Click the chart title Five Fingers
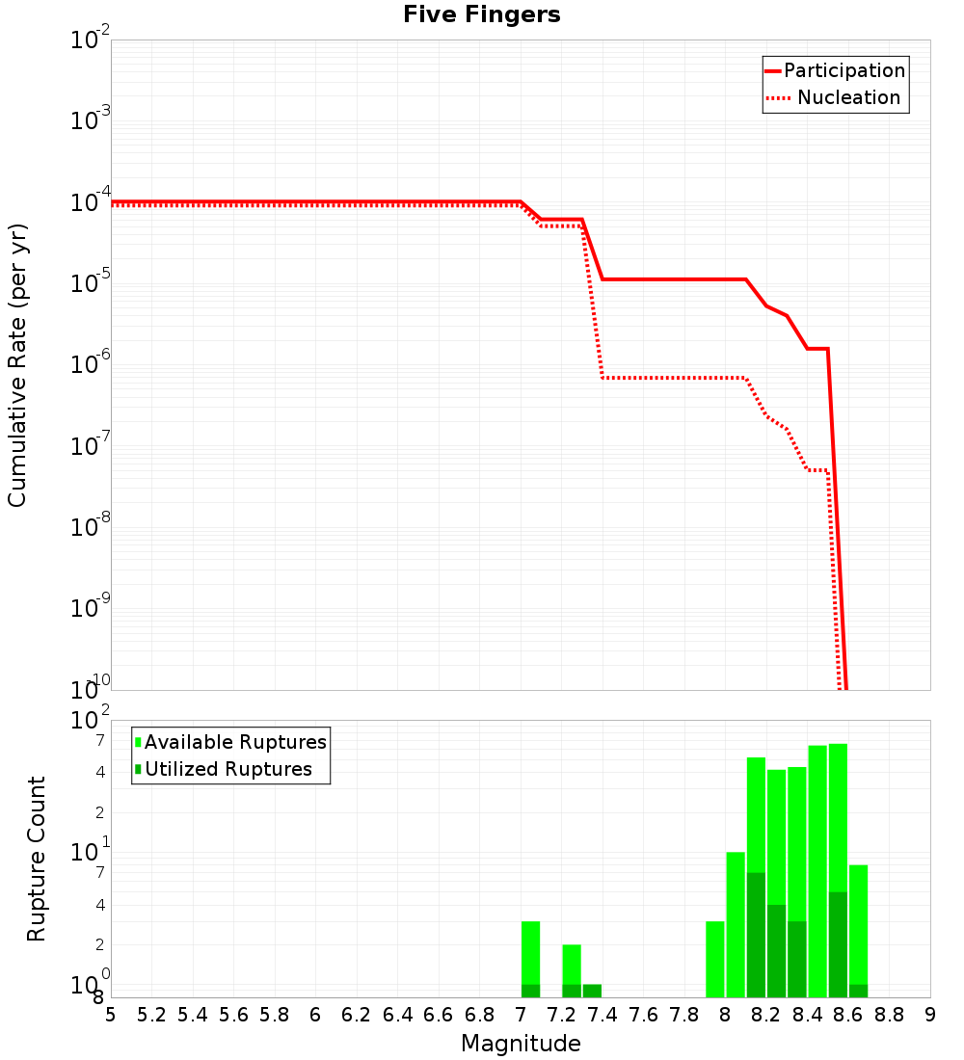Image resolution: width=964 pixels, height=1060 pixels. [482, 15]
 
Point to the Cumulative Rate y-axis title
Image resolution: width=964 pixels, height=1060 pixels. [17, 365]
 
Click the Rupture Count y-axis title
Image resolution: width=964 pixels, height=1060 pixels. [37, 859]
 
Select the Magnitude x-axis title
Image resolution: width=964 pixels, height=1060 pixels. [521, 1044]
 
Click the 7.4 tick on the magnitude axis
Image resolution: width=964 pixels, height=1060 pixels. [602, 1015]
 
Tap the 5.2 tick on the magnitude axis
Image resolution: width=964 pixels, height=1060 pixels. [152, 1015]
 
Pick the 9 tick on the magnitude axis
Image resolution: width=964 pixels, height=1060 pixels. [930, 1015]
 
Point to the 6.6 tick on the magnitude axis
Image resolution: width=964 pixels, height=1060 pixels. [439, 1015]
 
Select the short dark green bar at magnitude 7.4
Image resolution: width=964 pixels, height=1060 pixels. [592, 991]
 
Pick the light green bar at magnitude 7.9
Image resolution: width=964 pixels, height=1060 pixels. [715, 959]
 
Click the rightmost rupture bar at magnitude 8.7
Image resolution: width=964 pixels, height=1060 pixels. [858, 930]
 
